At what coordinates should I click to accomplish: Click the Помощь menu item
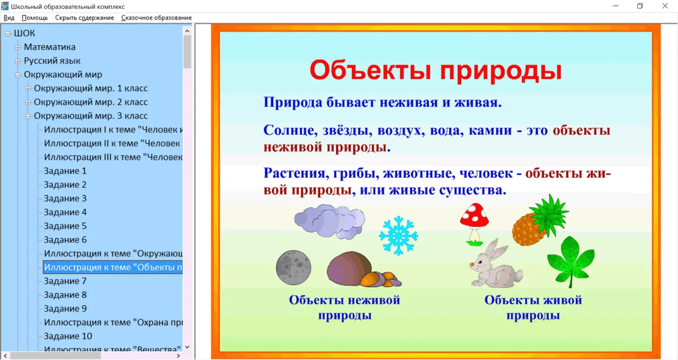tap(34, 17)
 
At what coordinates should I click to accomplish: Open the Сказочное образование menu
tap(156, 17)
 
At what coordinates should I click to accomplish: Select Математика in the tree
tap(50, 47)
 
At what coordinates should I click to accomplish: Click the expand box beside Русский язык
tap(18, 61)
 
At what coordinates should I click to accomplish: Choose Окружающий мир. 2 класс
tap(91, 102)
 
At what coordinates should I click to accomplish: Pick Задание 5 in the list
tap(65, 226)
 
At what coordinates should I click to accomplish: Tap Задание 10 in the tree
tap(68, 336)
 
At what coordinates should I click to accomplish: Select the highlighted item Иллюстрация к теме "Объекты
tap(113, 267)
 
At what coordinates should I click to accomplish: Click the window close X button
tap(665, 6)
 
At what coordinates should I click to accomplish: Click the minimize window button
tap(615, 6)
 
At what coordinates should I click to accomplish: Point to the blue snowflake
tap(398, 236)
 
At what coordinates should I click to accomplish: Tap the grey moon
tap(293, 267)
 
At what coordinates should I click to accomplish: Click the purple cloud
tap(329, 221)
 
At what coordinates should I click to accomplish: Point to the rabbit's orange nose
tap(472, 264)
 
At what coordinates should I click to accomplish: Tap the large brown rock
tap(349, 268)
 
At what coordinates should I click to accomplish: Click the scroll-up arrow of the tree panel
tap(187, 31)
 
